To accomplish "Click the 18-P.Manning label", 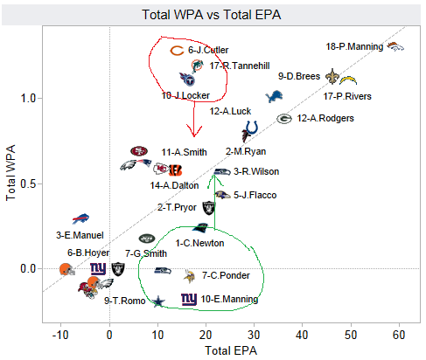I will tap(353, 46).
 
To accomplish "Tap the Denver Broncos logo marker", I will tap(395, 46).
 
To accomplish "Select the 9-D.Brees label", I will tap(300, 76).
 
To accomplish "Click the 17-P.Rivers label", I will tap(347, 96).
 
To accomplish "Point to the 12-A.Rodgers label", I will tap(325, 118).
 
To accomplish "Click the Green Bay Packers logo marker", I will tap(284, 118).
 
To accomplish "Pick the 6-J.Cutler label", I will tap(208, 51).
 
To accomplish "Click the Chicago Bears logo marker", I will tap(176, 52).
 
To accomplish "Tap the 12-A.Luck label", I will tap(232, 111).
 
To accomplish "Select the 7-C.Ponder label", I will tap(226, 275).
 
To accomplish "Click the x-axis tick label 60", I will tap(400, 333).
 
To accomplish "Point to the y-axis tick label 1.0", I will tap(28, 98).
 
